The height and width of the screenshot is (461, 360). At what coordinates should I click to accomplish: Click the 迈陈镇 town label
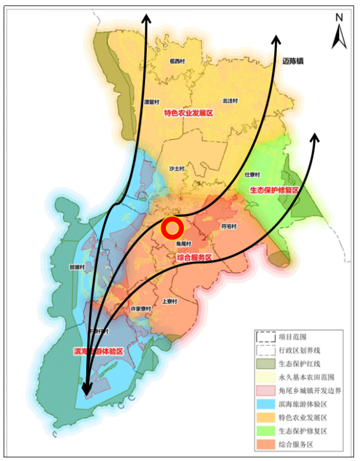pos(295,62)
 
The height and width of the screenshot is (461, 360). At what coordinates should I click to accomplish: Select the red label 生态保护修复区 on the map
pos(274,190)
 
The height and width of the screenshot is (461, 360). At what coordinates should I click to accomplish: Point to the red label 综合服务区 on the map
pos(194,257)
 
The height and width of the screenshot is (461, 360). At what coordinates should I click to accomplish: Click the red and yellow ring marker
pos(173,229)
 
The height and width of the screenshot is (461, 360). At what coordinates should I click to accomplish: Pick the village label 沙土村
pos(176,168)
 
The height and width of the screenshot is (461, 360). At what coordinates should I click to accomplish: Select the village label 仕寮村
pos(252,174)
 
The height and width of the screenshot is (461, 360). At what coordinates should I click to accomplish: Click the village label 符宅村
pos(229,226)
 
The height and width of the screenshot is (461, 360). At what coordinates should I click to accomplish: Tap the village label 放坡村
pos(78,267)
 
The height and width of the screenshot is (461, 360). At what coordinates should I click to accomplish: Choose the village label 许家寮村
pos(141,308)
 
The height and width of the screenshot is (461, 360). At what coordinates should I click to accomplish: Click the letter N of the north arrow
pos(339,17)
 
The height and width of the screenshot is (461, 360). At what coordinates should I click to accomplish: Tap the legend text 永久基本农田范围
pos(306,377)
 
